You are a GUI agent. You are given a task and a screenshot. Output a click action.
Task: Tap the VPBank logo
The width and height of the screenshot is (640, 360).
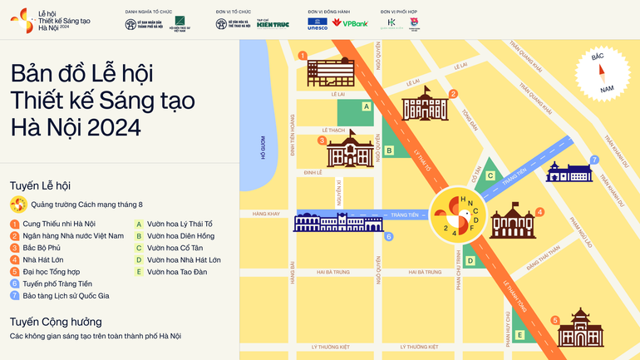(x=350, y=23)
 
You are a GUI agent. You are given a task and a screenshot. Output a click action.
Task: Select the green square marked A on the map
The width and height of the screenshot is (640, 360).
(x=366, y=106)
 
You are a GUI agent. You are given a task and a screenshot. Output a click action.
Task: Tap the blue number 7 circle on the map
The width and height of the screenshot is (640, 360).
(x=593, y=160)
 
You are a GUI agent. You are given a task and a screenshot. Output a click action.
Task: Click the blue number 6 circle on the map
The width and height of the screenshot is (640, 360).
(x=388, y=237)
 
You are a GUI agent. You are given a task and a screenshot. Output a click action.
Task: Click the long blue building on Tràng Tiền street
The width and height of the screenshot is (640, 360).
(x=338, y=220)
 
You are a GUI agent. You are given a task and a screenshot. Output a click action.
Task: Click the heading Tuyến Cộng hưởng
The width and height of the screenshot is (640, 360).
(x=56, y=321)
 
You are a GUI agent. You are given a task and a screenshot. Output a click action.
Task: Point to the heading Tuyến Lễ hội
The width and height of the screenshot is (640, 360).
(x=40, y=185)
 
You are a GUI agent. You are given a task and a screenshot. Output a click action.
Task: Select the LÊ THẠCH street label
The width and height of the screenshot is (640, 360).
(x=332, y=131)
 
